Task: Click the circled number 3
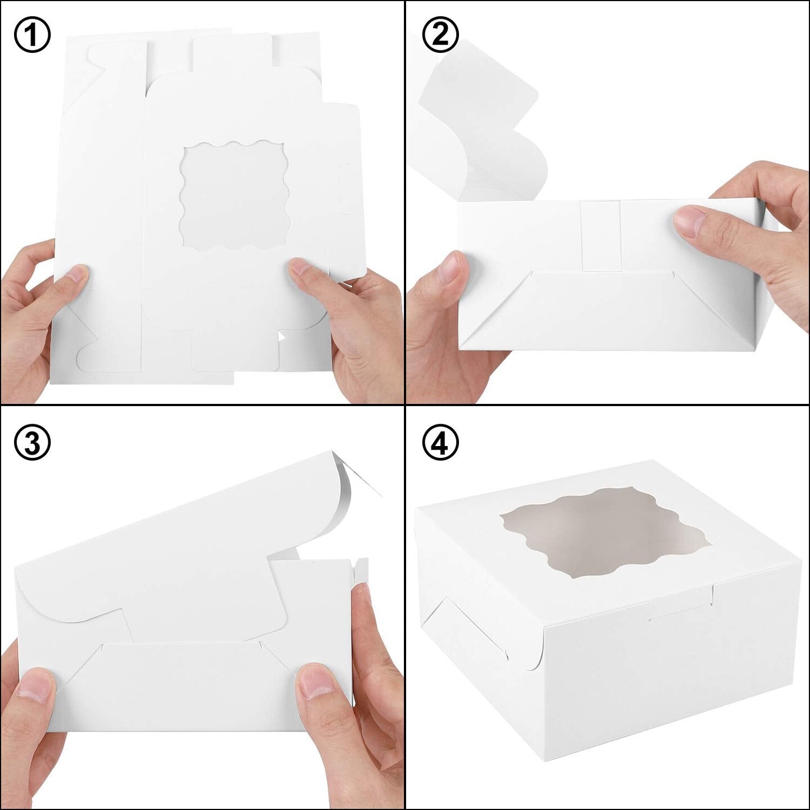tap(32, 443)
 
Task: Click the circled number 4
tap(440, 443)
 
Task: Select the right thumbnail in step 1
tap(301, 269)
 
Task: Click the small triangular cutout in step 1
tap(281, 337)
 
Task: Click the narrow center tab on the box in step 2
tap(602, 236)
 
